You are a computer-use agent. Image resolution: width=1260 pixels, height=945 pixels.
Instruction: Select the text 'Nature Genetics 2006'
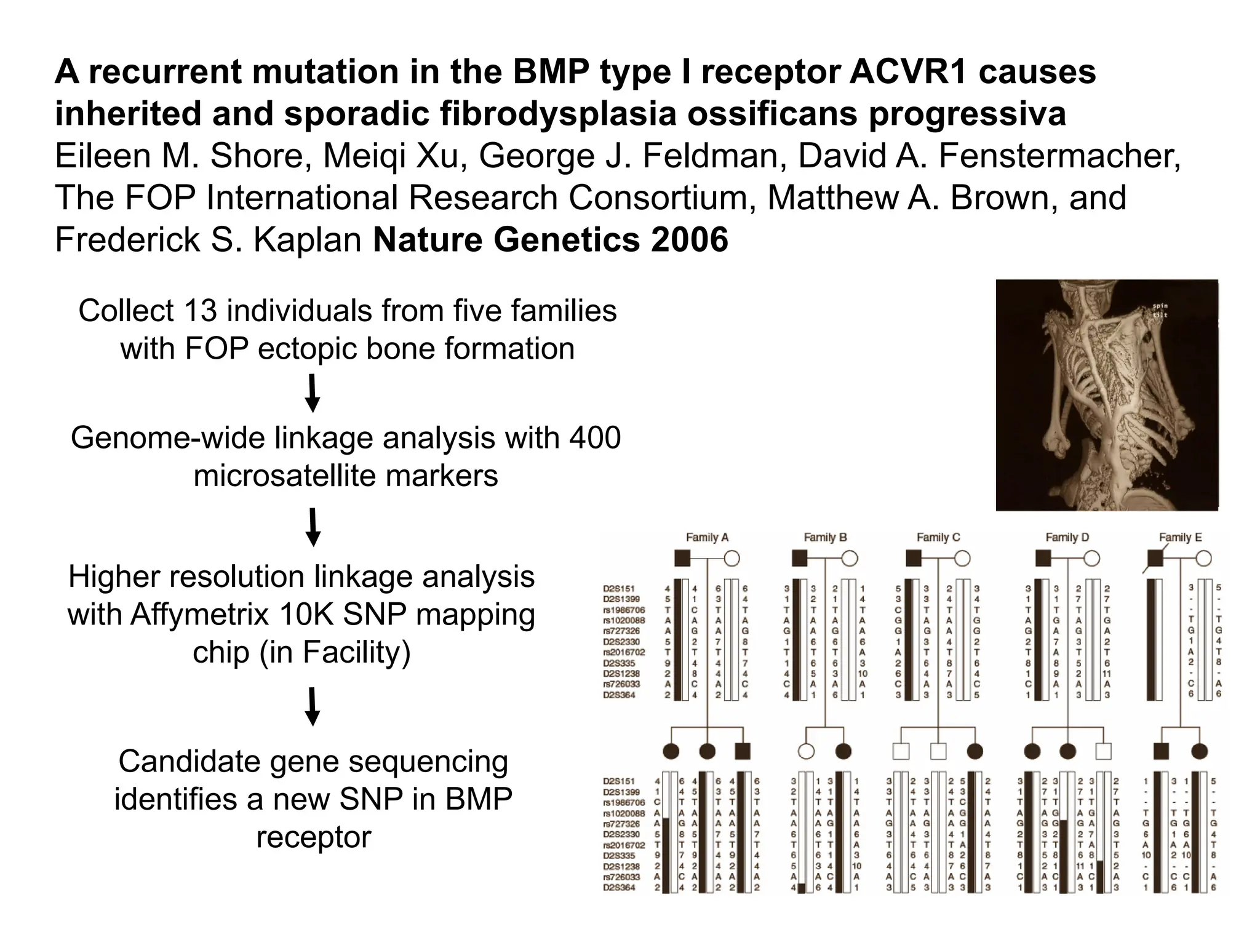tap(550, 239)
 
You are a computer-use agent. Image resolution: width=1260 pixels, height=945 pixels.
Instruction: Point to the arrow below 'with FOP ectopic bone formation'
tap(313, 393)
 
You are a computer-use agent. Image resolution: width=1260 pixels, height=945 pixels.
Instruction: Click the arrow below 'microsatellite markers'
tap(313, 527)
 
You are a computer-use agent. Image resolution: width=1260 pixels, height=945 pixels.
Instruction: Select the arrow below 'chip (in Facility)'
tap(313, 706)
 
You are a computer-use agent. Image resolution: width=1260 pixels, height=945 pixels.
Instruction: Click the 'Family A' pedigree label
tap(707, 537)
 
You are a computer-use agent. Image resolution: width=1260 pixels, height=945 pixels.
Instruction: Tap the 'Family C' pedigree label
tap(938, 537)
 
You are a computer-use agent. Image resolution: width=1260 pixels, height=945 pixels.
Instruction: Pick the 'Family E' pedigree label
tap(1180, 537)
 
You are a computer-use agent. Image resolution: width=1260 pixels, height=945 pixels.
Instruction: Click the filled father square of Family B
tap(799, 559)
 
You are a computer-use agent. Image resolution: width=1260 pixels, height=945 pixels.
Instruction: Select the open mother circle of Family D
tap(1091, 559)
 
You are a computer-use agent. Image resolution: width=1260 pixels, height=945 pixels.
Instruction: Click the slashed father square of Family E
tap(1155, 559)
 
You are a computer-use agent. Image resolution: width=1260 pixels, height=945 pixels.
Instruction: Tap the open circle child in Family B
tap(806, 751)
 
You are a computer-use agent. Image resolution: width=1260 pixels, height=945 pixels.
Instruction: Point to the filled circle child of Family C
tap(975, 751)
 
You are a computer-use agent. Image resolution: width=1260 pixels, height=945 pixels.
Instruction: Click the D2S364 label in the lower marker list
tap(618, 888)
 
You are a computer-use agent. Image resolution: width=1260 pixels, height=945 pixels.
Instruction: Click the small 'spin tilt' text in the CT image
tap(1159, 310)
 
